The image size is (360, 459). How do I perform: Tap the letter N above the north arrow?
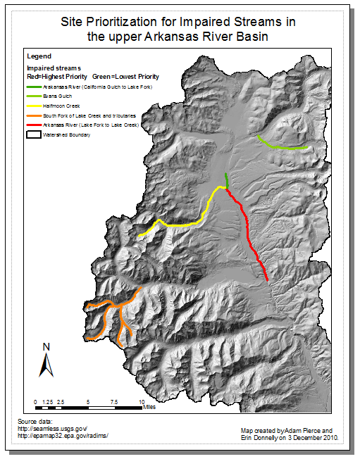(x=46, y=346)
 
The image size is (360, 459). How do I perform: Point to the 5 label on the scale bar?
(x=88, y=400)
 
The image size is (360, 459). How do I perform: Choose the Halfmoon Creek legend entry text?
(x=59, y=105)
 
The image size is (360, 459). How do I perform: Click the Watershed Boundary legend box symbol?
(x=32, y=133)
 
